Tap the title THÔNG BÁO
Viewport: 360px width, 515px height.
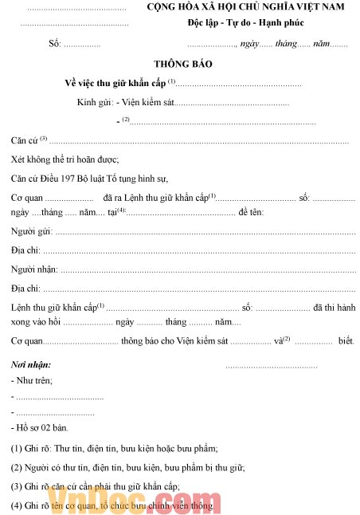point(183,63)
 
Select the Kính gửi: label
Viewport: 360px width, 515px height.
point(95,103)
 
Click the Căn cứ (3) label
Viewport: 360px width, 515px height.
point(29,141)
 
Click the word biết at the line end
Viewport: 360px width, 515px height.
point(346,341)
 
